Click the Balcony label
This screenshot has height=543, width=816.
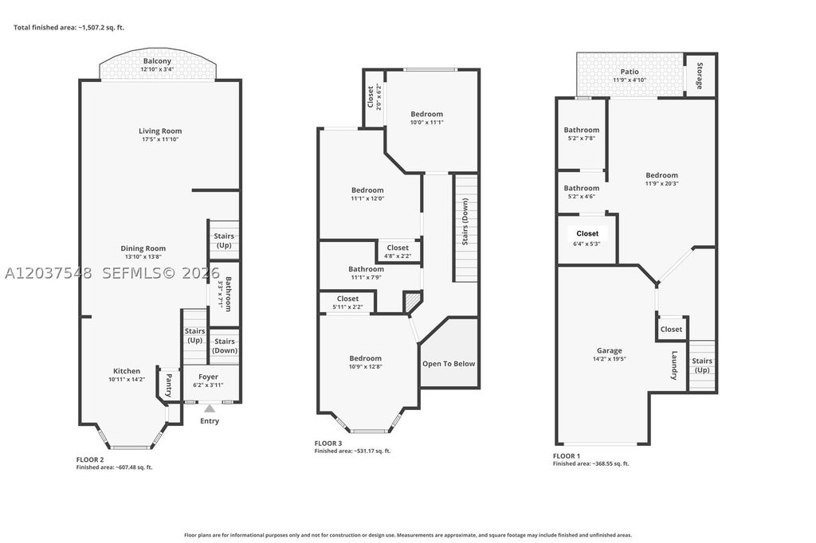click(x=157, y=61)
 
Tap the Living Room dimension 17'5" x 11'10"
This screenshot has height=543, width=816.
click(x=160, y=139)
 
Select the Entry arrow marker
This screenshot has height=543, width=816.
click(x=210, y=408)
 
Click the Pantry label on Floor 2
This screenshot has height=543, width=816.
click(x=169, y=385)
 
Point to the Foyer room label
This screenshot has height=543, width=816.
click(x=208, y=377)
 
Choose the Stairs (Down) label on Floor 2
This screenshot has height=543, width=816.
click(x=225, y=346)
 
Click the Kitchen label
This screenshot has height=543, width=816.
click(x=127, y=371)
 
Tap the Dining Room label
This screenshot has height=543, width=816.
click(x=143, y=248)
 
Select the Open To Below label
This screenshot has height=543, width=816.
click(x=449, y=364)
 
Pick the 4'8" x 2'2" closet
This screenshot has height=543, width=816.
click(x=398, y=252)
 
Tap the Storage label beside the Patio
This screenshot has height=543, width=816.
click(x=700, y=76)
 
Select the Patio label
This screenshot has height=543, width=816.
click(x=630, y=71)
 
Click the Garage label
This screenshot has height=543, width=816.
click(x=610, y=350)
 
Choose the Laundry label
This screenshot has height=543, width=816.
click(x=674, y=365)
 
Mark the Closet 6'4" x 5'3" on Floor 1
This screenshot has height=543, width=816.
click(x=587, y=238)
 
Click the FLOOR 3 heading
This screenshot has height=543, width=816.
click(x=328, y=443)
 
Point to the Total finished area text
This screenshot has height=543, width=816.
click(x=69, y=28)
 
